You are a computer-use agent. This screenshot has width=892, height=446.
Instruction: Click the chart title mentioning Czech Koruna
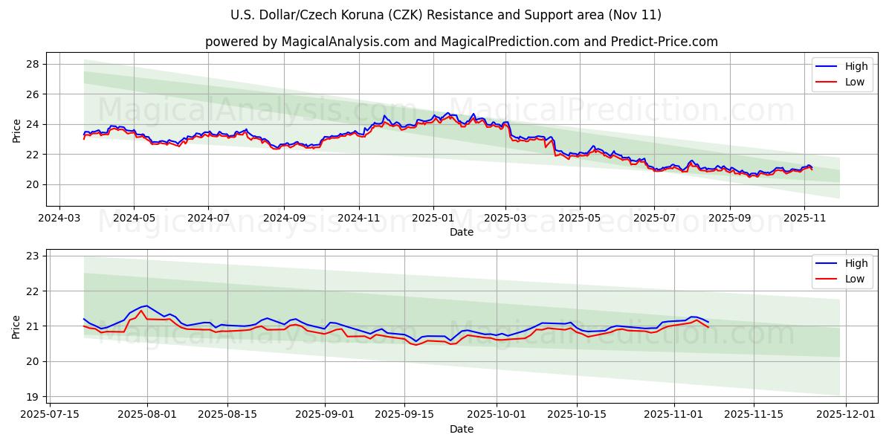446,15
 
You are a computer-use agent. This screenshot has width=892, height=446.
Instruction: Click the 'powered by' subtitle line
462,42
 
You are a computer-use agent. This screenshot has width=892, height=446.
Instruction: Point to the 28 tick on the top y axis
33,64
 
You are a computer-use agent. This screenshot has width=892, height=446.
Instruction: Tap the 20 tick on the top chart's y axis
33,184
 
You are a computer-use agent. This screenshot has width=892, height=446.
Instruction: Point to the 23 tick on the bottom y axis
33,256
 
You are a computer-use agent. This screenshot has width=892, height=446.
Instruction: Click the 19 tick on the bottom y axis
33,396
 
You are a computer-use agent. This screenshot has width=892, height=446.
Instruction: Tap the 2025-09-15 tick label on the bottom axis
405,415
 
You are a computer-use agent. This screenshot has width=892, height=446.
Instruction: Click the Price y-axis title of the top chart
16,131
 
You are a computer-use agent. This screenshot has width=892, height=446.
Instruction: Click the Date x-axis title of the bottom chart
461,429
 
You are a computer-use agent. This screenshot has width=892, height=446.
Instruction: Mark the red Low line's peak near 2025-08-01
140,311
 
